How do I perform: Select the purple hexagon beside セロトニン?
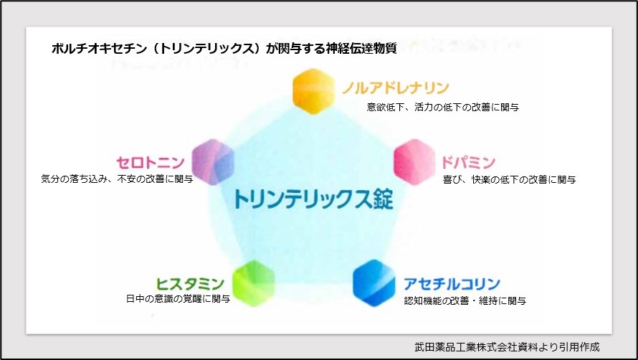[x=214, y=161]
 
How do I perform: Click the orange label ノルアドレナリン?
[x=395, y=88]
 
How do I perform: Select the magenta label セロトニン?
[x=151, y=161]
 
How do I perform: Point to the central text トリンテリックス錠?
[x=313, y=199]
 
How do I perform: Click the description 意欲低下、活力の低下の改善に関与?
[x=442, y=108]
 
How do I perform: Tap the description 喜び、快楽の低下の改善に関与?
[x=510, y=179]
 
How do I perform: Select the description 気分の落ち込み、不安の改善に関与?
[x=117, y=179]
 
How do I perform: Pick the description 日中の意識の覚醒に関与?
[x=177, y=299]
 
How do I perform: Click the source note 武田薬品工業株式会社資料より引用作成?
[x=507, y=346]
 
